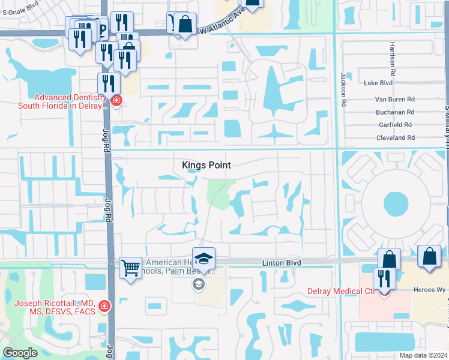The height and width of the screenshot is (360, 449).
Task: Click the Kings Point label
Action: pyautogui.click(x=206, y=165)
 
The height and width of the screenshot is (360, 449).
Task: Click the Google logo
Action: pyautogui.click(x=20, y=352)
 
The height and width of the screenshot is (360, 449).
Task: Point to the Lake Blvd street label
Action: pyautogui.click(x=378, y=83)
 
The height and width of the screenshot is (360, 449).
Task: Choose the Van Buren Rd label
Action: pyautogui.click(x=394, y=99)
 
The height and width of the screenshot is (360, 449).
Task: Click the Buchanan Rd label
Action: pyautogui.click(x=394, y=112)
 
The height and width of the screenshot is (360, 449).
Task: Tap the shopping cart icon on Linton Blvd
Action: pyautogui.click(x=130, y=267)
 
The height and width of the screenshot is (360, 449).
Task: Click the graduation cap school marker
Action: pyautogui.click(x=203, y=258)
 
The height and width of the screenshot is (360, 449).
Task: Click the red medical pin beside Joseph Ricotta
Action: pyautogui.click(x=105, y=307)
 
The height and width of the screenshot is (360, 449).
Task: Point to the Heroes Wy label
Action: pyautogui.click(x=428, y=290)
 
